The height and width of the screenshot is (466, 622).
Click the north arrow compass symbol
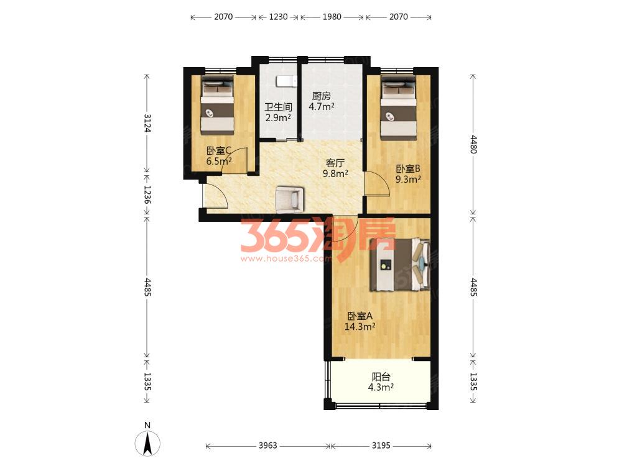[x=147, y=442]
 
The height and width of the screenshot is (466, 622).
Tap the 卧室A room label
[x=360, y=316]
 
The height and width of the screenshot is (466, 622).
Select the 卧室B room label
[x=408, y=169]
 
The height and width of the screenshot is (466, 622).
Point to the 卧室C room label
[x=219, y=150]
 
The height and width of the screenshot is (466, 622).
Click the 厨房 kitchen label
[x=322, y=96]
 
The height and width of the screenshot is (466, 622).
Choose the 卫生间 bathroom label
[x=278, y=107]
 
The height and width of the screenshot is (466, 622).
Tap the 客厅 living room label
[x=335, y=163]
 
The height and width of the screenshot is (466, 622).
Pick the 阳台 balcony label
[x=381, y=377]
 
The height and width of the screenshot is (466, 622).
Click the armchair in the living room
[x=290, y=199]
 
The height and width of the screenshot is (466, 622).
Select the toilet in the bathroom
[x=286, y=81]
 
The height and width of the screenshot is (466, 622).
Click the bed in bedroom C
[x=216, y=106]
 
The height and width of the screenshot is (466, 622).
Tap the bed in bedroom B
[x=398, y=107]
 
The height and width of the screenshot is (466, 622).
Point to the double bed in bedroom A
[x=400, y=265]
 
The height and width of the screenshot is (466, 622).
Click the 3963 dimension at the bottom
[x=267, y=445]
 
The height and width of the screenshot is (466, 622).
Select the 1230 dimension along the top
[x=278, y=17]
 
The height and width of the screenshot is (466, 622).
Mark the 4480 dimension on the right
[x=473, y=144]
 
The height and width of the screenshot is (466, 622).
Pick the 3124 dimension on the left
[x=147, y=123]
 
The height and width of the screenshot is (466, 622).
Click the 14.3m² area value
[x=360, y=327]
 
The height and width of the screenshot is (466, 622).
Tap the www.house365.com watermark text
[x=285, y=258]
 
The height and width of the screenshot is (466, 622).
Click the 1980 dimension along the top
[x=332, y=17]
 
